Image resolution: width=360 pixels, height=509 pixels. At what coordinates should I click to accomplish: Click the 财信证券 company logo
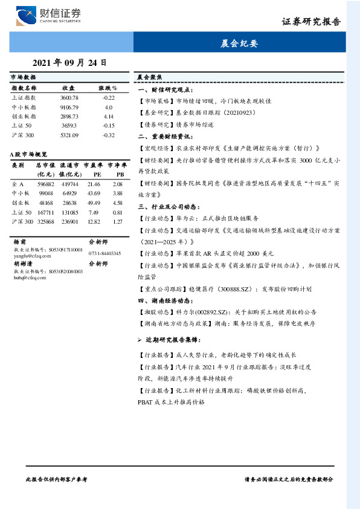pos(49,15)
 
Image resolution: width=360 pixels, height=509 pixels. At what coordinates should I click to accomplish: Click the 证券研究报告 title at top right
pos(311,22)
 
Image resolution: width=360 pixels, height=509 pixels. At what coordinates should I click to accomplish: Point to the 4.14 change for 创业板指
pos(109,115)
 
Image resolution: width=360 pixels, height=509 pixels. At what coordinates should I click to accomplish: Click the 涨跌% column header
pos(108,88)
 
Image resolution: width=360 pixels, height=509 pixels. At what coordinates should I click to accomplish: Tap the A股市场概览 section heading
pos(28,154)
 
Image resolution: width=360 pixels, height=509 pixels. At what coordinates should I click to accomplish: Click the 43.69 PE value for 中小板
pos(94,193)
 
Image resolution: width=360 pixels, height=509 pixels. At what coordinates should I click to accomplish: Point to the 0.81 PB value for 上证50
pos(117,212)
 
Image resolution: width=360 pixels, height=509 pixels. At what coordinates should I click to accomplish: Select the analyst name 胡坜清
pos(23,264)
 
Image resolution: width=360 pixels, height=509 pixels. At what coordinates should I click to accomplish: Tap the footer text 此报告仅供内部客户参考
pos(57,479)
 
